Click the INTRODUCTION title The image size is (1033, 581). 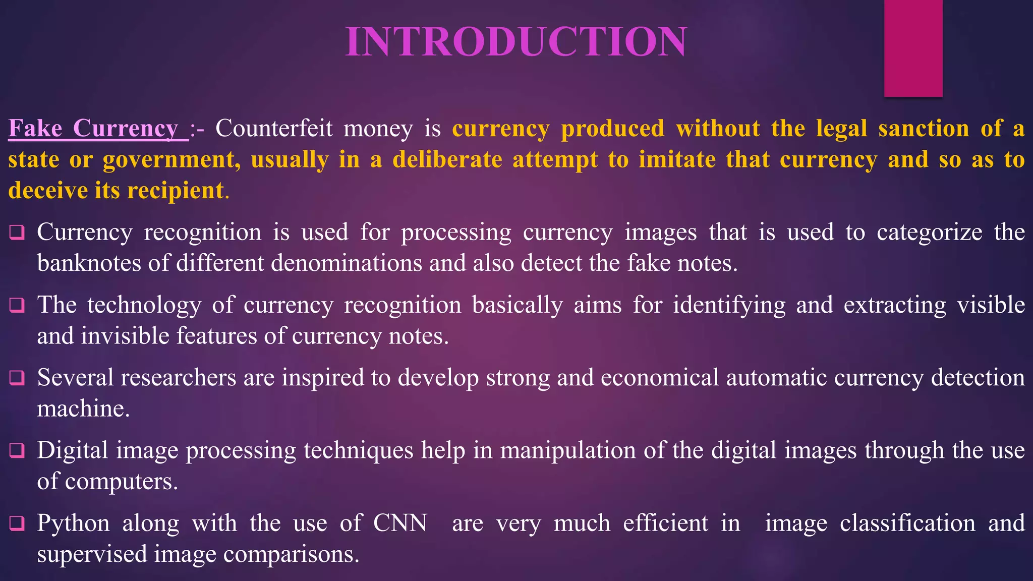pos(516,41)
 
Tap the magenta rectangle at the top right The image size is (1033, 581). pos(913,48)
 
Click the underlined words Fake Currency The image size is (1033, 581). pos(94,129)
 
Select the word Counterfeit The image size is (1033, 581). pos(274,129)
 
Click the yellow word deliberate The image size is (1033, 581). pos(447,160)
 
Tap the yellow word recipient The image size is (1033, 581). pos(175,191)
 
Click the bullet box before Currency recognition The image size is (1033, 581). pos(17,233)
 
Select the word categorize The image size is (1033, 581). pos(929,233)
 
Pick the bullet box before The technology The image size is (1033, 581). pos(17,305)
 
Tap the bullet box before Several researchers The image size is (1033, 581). pos(17,378)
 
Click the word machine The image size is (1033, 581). pos(83,409)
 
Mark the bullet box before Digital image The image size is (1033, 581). pos(17,450)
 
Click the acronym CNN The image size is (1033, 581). pos(400,523)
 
